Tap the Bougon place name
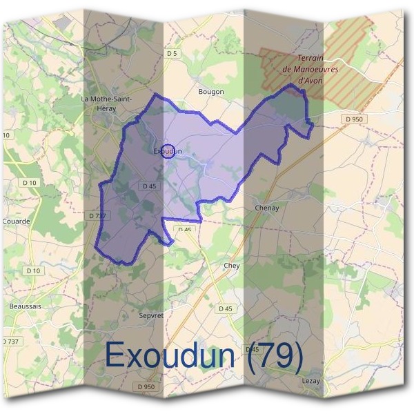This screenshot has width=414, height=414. pos(210,91)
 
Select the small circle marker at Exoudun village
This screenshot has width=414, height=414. pos(167,151)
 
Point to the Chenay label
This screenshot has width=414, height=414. pos(266,208)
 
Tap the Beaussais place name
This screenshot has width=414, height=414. pos(26,305)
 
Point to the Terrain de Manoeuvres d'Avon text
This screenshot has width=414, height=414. pos(303,69)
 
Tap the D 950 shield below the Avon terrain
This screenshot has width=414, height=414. pos(353,119)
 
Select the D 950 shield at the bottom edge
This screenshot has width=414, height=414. pos(146,387)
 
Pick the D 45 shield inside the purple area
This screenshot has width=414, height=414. pos(149,186)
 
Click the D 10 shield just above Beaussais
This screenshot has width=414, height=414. pos(33,271)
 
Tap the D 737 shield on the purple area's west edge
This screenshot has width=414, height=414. pos(97,216)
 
